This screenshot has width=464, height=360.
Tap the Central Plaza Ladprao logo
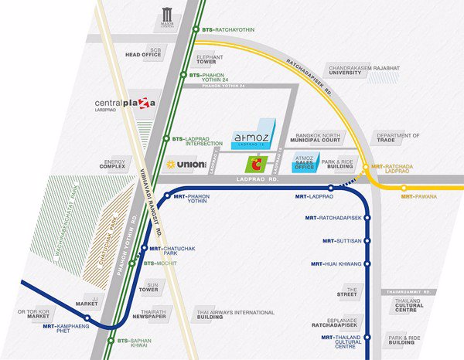click(125, 104)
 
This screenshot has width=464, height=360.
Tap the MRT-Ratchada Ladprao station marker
click(366, 167)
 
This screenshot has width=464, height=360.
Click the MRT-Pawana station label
click(418, 197)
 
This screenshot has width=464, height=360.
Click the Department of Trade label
click(392, 138)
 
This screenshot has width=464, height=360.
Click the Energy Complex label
click(113, 164)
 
